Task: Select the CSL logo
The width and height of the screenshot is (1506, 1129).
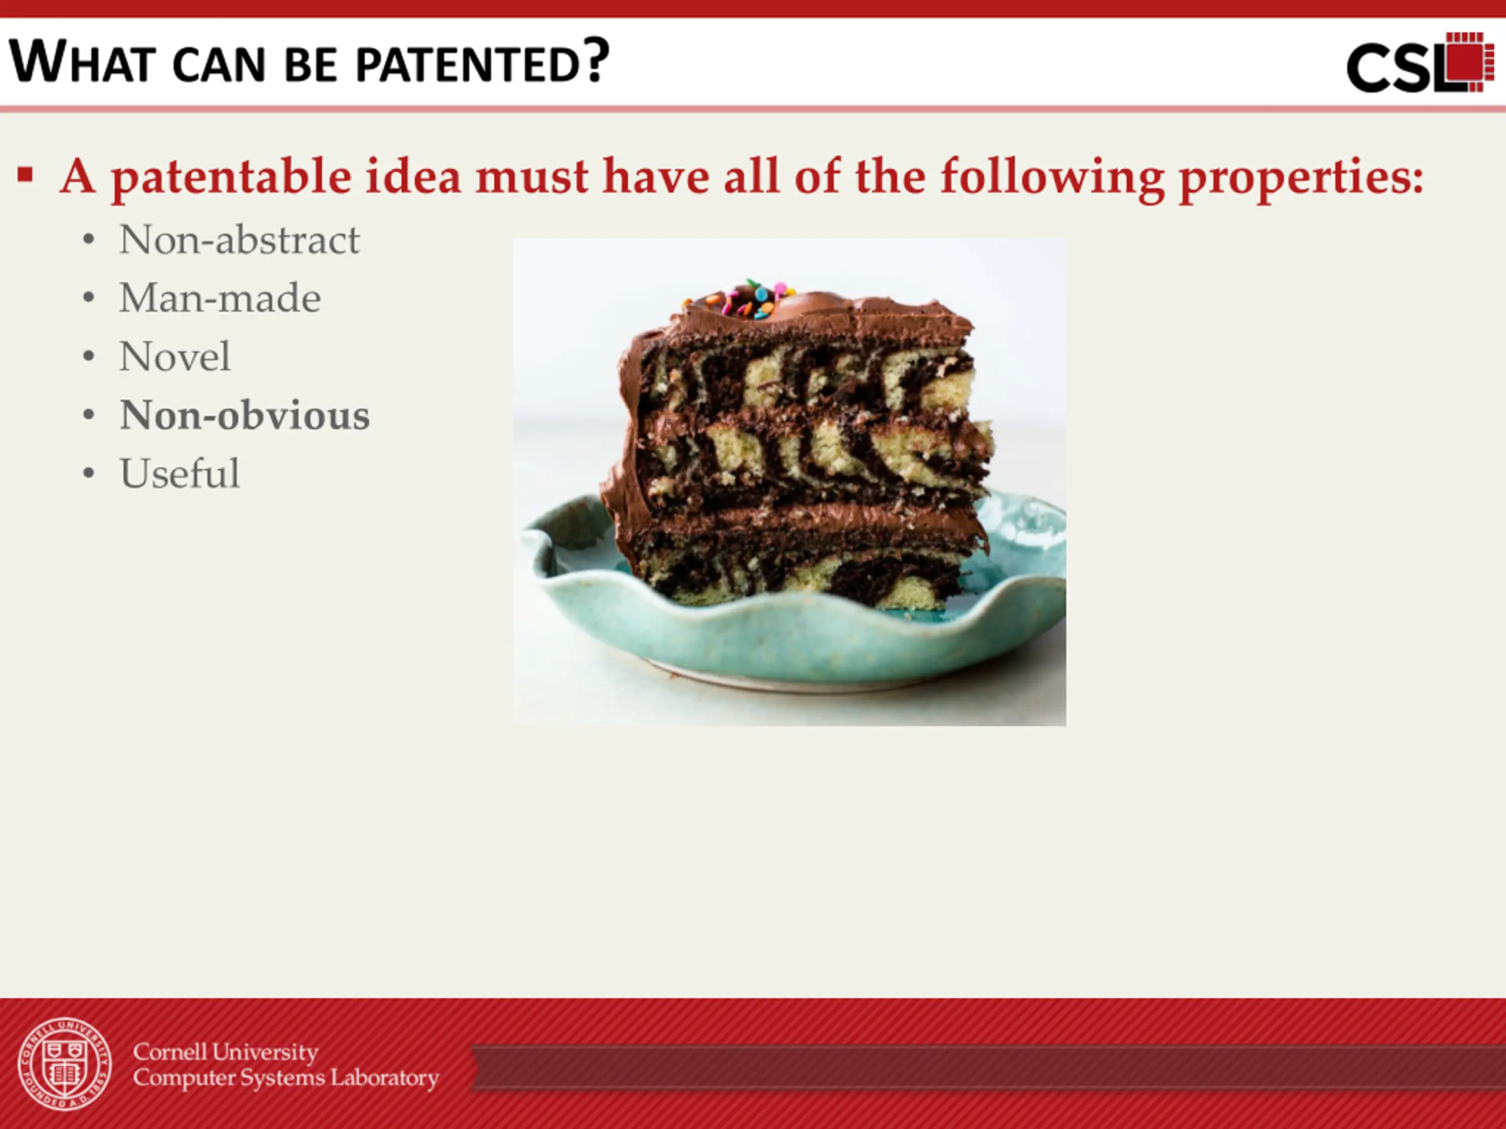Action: click(x=1420, y=62)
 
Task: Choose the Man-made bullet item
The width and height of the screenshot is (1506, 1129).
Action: click(x=220, y=298)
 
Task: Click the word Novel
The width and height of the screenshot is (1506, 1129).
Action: click(x=175, y=356)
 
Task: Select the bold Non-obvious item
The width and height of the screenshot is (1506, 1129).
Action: click(x=244, y=415)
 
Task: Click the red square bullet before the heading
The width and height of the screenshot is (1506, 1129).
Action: click(x=25, y=175)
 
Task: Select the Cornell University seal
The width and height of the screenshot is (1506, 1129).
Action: click(x=65, y=1064)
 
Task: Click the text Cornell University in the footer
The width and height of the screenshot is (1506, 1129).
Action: click(x=225, y=1052)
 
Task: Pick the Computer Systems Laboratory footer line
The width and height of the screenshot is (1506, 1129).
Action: click(x=286, y=1078)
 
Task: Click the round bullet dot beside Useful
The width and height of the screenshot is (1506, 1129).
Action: click(x=88, y=473)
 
